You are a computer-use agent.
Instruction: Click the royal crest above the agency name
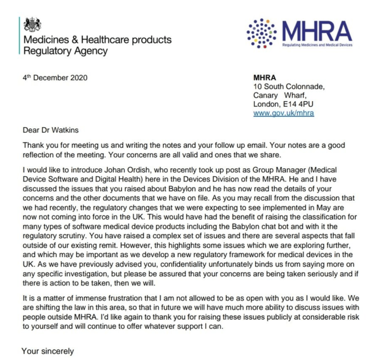33,25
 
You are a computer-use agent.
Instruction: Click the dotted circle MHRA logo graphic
263,32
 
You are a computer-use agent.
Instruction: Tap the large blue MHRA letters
317,30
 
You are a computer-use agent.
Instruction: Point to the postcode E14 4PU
300,105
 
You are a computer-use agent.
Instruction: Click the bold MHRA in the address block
265,78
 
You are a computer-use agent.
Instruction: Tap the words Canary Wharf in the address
281,96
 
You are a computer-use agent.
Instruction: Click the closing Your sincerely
47,351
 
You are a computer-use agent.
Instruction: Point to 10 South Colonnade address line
289,87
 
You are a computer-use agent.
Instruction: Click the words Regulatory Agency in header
65,51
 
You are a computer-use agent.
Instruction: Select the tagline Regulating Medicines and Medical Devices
317,44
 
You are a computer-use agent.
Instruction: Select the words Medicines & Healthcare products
97,40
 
